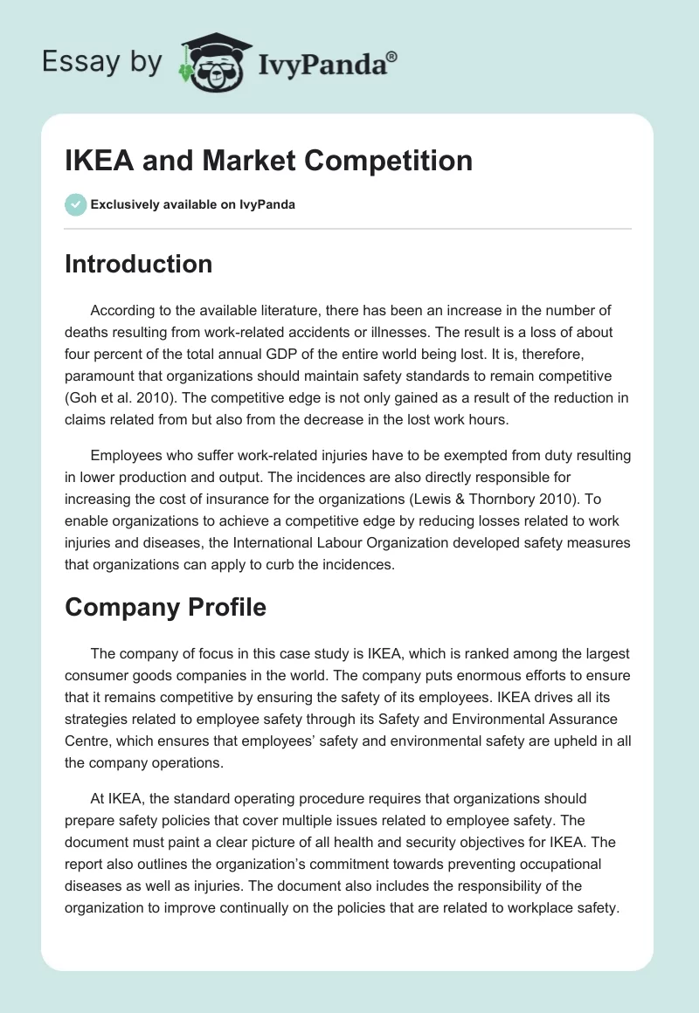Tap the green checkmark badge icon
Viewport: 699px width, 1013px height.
point(75,204)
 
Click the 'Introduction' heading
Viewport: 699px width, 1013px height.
point(138,264)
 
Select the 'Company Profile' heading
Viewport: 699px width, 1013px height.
point(165,607)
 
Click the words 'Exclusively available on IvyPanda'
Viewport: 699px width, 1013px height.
point(193,205)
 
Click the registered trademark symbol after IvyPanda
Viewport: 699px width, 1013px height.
point(391,56)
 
